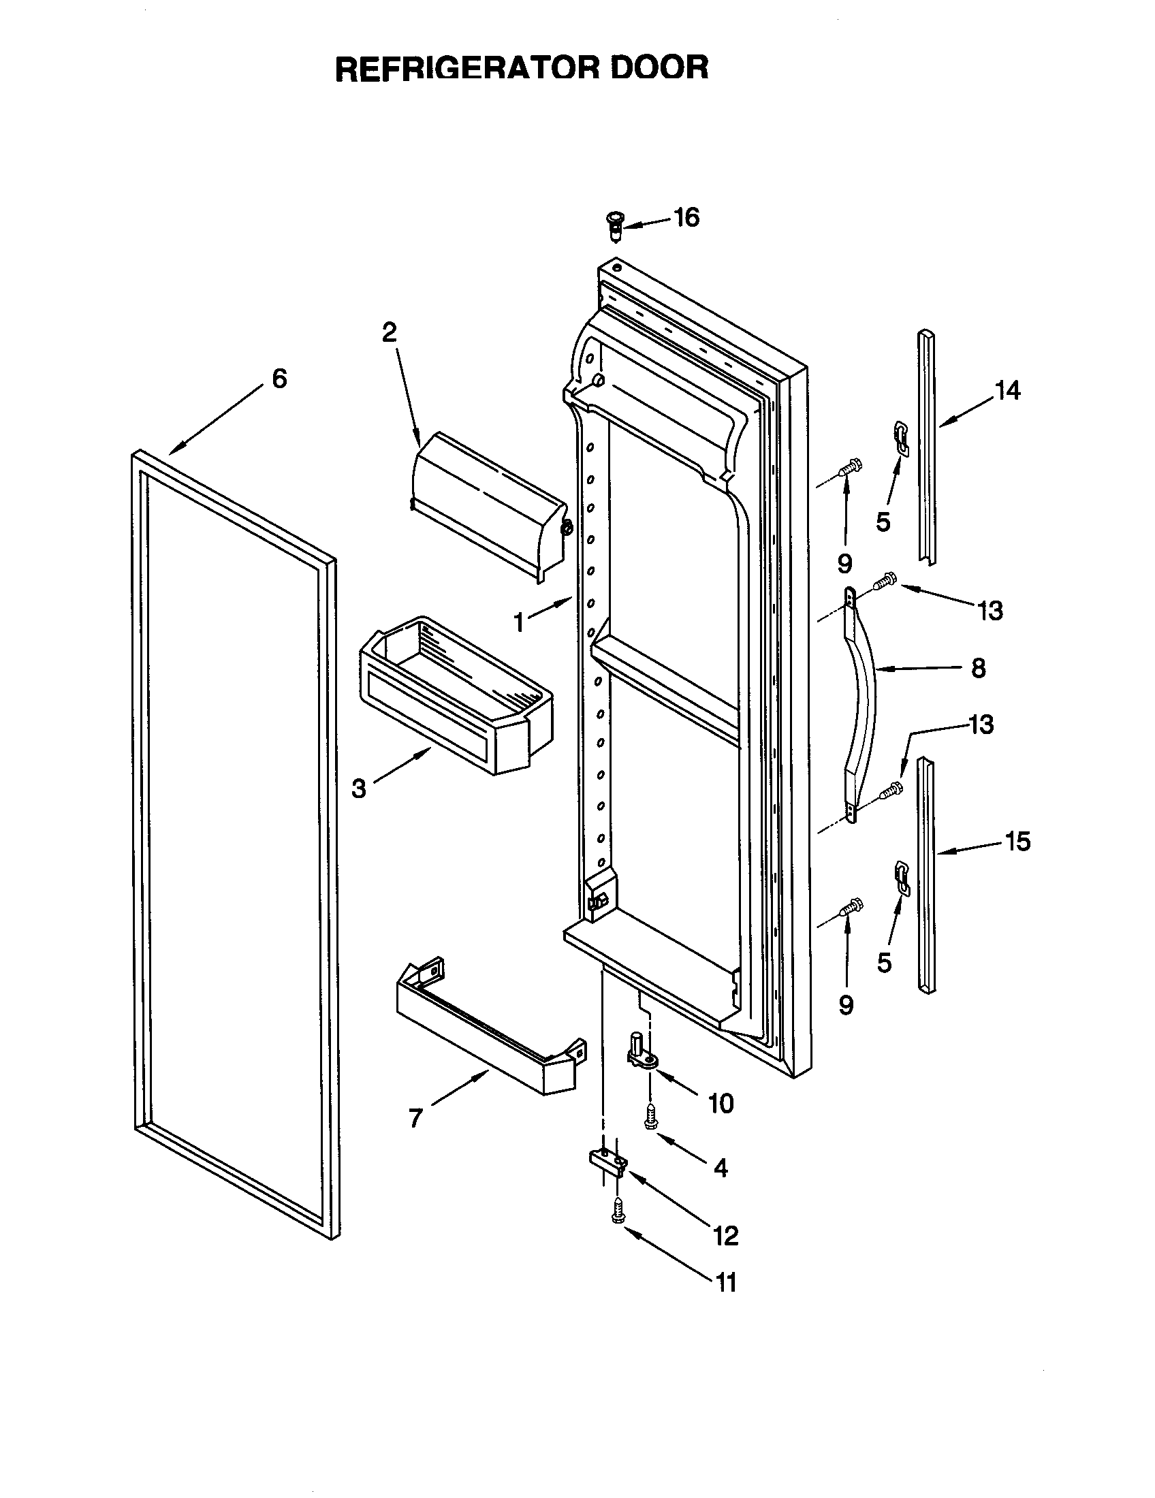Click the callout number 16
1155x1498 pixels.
click(686, 217)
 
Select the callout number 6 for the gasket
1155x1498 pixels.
click(279, 379)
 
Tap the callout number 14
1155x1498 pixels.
click(1007, 391)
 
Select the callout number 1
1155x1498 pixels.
click(519, 623)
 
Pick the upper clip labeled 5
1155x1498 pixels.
click(901, 438)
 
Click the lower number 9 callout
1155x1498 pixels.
click(847, 1006)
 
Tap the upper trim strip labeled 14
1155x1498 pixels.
click(927, 446)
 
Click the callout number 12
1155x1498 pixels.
click(726, 1235)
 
